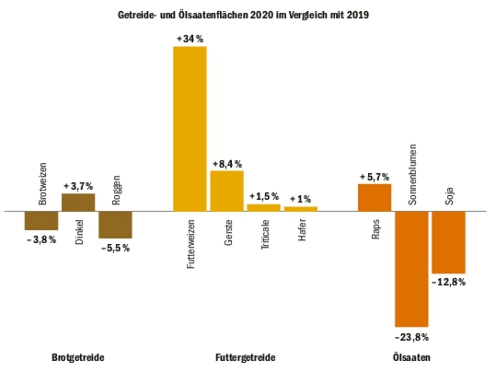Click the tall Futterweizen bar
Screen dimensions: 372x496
point(190,129)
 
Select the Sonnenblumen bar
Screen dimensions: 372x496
point(412,269)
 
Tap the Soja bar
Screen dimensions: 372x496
point(449,242)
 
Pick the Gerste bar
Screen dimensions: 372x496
point(227,191)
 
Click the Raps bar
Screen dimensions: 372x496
point(374,197)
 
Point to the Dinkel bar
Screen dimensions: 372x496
point(78,202)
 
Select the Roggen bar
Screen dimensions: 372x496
point(115,225)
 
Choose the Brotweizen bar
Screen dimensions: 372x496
point(41,221)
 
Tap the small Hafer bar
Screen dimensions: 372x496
point(301,209)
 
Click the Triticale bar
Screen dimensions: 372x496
point(264,208)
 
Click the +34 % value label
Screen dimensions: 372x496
point(190,39)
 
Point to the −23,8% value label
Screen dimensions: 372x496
point(412,337)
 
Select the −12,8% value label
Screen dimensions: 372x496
point(449,282)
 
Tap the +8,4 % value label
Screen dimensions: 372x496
point(227,164)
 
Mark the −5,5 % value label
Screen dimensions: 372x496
point(115,248)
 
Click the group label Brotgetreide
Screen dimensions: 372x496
point(78,357)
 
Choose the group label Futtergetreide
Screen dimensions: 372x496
point(245,357)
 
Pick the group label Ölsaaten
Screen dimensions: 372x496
point(411,357)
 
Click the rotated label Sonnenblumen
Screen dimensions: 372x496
point(412,174)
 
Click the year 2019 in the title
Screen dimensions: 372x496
point(357,15)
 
